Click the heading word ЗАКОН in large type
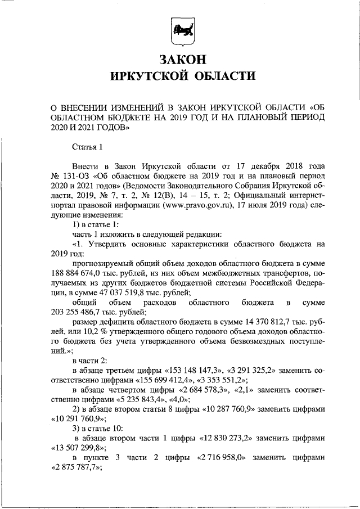[180, 59]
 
